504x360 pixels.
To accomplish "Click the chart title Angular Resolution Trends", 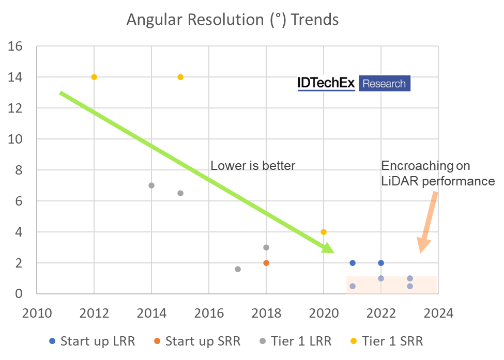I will [x=233, y=20].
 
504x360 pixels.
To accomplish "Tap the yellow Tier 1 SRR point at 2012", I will [x=94, y=77].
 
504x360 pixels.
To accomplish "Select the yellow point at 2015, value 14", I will [x=180, y=77].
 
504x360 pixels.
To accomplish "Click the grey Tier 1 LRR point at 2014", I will [x=151, y=185].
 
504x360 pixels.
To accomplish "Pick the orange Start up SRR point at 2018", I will [x=266, y=263].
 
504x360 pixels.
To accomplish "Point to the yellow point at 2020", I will [x=324, y=232].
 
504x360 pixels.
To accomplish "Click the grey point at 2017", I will [x=238, y=269].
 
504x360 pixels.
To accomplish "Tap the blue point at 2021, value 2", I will [x=353, y=263].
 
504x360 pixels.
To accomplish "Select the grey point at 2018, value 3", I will [x=266, y=247].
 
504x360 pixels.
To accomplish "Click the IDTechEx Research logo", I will [x=354, y=84].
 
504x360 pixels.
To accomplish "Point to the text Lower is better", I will [x=253, y=166].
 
